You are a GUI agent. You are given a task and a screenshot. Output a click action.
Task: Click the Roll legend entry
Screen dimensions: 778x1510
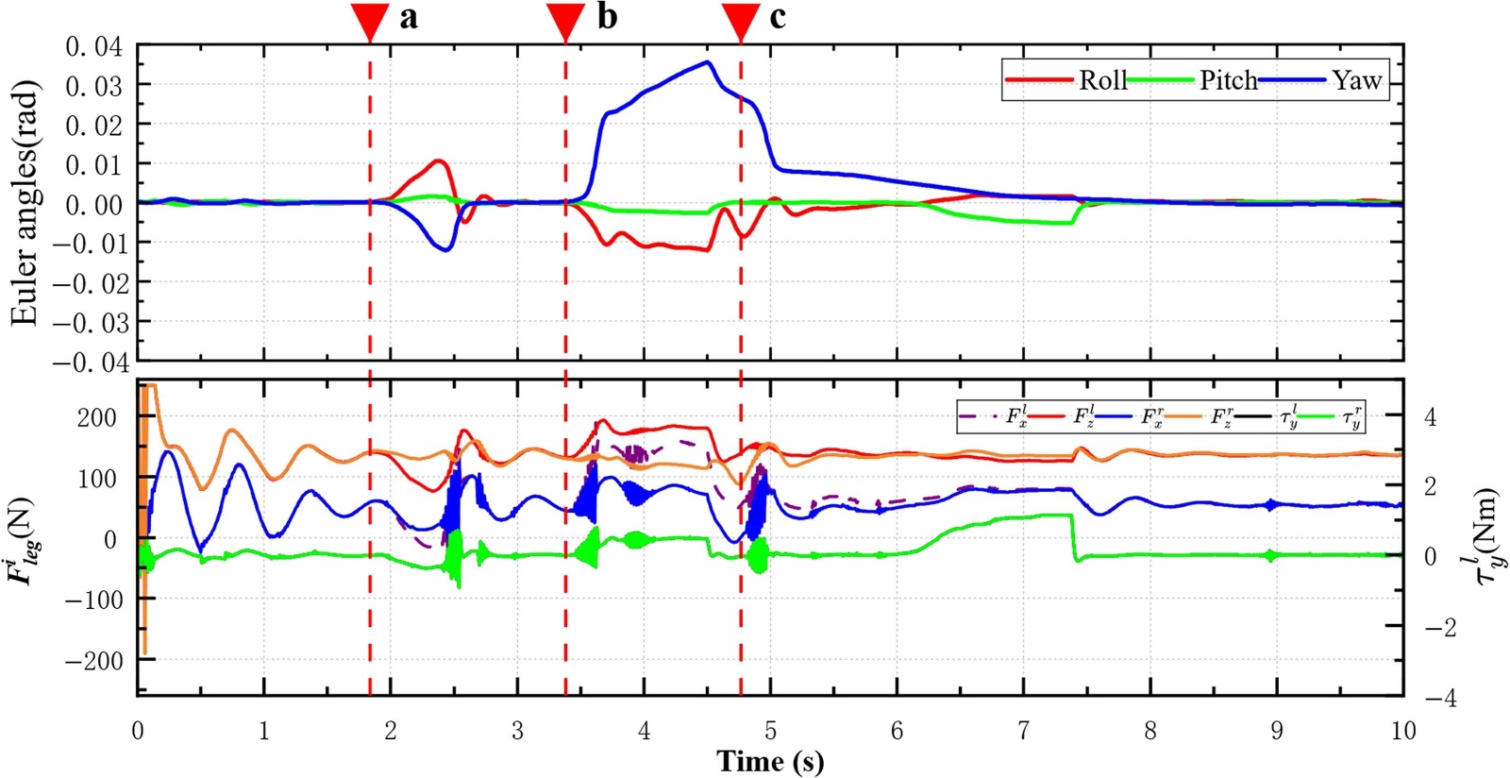click(x=1102, y=80)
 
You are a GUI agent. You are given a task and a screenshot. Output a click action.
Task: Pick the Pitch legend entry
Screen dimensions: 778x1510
click(x=1228, y=80)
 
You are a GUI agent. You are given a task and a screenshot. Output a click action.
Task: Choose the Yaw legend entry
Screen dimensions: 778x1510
click(x=1356, y=80)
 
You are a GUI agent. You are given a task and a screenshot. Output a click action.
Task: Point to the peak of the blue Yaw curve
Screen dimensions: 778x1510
click(x=708, y=62)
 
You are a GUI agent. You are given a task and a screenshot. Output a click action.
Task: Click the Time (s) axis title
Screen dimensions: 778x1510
click(x=770, y=761)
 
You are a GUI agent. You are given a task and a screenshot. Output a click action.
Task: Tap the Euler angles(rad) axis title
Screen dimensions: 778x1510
click(x=25, y=203)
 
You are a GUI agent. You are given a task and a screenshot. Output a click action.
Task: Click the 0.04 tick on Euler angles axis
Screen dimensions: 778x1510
click(x=93, y=46)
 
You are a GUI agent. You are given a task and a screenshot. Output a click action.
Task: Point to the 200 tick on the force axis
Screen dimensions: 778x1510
click(x=96, y=417)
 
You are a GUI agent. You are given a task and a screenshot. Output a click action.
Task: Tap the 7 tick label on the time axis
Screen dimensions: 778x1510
click(x=1023, y=731)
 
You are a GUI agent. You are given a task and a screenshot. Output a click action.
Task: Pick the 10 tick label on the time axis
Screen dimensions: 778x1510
click(x=1402, y=731)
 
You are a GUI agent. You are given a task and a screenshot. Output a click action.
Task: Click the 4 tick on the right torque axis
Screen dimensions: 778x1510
click(x=1431, y=416)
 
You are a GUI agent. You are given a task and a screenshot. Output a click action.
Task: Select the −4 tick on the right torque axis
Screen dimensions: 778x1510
click(x=1439, y=698)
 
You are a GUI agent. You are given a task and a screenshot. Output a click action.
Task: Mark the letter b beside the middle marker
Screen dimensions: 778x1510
click(x=607, y=17)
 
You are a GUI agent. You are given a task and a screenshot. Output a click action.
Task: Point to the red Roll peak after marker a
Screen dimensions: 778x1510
click(x=438, y=161)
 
